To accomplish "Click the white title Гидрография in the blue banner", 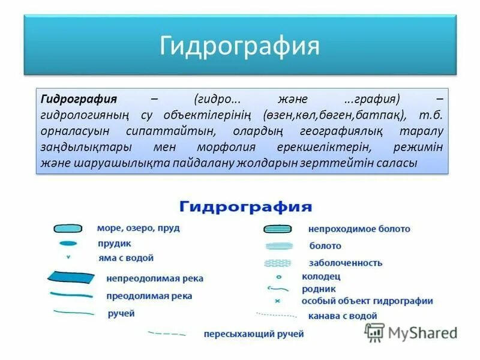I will click(239, 46).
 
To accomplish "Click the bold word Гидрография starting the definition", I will click(77, 98).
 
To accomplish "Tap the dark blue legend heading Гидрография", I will click(245, 207).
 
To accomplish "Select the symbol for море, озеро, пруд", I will click(68, 229).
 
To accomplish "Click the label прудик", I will click(114, 244).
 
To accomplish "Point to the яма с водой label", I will click(125, 258).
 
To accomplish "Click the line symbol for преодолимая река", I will click(71, 295).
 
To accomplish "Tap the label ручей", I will click(121, 313).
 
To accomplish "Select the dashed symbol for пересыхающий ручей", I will click(166, 333).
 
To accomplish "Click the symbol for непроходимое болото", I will click(278, 229).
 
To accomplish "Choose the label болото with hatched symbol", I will click(325, 246).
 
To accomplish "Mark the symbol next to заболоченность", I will click(278, 263).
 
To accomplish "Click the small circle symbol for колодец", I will click(278, 277).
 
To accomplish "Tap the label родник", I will click(319, 288).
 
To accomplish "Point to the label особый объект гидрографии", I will click(367, 301).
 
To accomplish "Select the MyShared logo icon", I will click(374, 332).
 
